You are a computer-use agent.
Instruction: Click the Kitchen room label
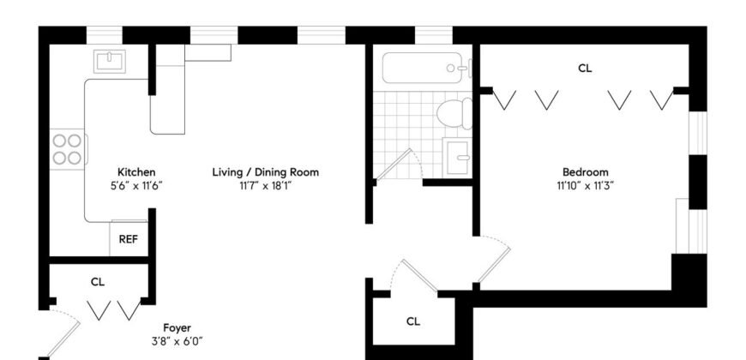[136, 172]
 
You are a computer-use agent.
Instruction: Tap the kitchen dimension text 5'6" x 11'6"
[136, 184]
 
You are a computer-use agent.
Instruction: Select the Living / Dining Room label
[265, 172]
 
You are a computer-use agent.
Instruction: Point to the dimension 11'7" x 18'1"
[265, 184]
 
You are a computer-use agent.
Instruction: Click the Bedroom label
[586, 171]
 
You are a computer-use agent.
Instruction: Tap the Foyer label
[177, 327]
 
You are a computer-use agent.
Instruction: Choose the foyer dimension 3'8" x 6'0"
[177, 340]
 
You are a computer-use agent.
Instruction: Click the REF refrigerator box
[128, 239]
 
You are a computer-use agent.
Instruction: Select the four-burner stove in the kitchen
[67, 149]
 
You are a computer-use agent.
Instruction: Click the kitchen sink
[111, 62]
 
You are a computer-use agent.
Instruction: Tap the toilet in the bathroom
[452, 112]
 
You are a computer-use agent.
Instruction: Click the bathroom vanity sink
[457, 157]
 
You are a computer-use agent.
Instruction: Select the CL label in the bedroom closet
[585, 68]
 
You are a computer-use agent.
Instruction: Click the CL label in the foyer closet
[98, 281]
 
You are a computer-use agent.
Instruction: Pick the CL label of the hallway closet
[413, 321]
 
